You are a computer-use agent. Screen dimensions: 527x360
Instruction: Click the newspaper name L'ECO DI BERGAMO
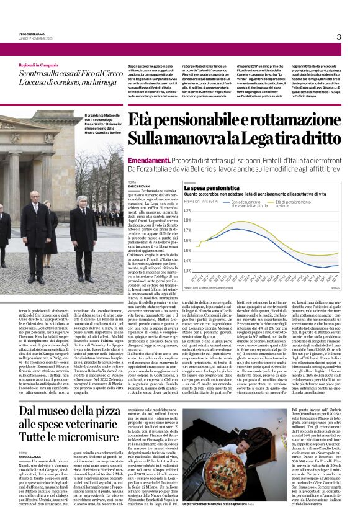[x=31, y=33]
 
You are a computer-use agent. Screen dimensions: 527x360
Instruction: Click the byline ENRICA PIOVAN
[x=138, y=186]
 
